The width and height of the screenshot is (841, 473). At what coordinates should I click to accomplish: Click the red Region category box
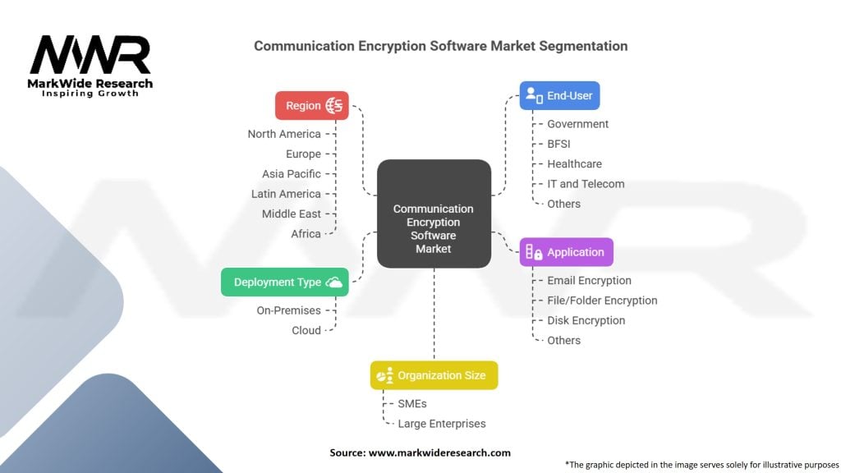coord(312,105)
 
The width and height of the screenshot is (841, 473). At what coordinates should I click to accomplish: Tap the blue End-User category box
coord(560,95)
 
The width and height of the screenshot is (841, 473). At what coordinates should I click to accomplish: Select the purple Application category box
coord(567,252)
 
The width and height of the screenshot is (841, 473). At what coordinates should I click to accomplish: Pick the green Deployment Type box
coord(285,282)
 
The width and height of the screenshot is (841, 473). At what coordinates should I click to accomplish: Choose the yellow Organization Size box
coord(434,375)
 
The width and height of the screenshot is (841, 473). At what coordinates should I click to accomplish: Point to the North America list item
coord(284,134)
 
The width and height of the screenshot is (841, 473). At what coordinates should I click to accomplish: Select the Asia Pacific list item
coord(292,174)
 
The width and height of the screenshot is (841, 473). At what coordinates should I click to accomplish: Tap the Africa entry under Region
coord(306,234)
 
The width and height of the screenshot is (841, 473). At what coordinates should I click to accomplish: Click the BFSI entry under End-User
coord(558,144)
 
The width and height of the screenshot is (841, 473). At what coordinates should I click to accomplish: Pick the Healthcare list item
coord(574,164)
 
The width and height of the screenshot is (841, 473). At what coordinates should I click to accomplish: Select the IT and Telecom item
coord(586,184)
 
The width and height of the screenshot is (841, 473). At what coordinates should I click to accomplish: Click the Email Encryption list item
coord(589,281)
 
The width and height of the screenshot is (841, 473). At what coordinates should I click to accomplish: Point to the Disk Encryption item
coord(586,320)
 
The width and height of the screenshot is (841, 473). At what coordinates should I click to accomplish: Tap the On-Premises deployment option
coord(288,310)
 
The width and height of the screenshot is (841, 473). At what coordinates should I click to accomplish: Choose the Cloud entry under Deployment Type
coord(306,330)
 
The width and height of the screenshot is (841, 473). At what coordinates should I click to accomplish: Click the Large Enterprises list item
coord(442,424)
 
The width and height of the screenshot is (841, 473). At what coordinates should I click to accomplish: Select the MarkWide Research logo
coord(91,65)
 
